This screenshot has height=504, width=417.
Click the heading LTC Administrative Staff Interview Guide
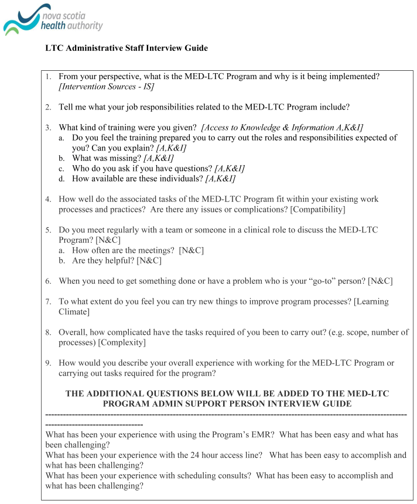(x=127, y=48)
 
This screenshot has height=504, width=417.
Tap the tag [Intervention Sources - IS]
(x=107, y=87)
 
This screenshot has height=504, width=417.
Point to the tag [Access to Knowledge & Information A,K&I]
(x=282, y=128)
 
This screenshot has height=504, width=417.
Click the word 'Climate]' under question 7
(x=74, y=312)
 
